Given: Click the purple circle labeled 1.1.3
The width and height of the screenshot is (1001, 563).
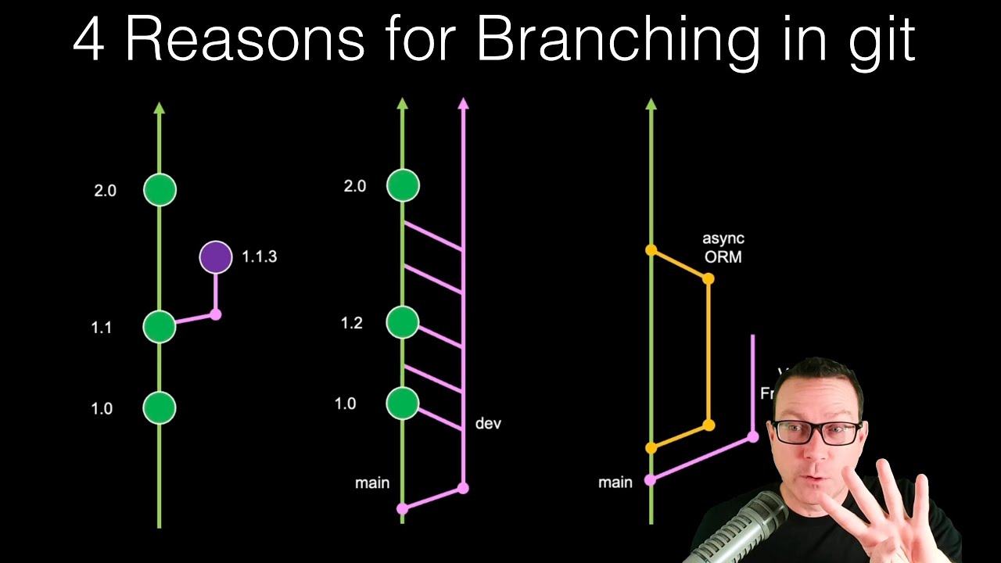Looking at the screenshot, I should pos(216,257).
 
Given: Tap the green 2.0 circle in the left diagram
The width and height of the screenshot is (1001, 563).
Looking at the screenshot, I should pos(160,190).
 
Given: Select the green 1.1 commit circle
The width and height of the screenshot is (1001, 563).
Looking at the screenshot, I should pos(160,327).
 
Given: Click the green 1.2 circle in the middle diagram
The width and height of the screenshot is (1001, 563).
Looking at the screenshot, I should pos(403,322).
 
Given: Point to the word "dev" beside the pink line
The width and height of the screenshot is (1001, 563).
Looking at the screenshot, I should pos(488,424).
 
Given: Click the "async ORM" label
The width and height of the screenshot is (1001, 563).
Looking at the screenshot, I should pos(723,247).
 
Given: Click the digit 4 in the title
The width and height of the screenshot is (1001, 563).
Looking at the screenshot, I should pos(88,41).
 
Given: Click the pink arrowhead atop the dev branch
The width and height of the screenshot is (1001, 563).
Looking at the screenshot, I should pos(463,103).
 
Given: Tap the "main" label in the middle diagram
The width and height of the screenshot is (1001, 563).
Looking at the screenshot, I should pos(372,483).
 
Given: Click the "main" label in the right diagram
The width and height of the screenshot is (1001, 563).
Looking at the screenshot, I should pos(615,482).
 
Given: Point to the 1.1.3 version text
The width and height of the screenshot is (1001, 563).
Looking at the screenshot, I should pos(259,256).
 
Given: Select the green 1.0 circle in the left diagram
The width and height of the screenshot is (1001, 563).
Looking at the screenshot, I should pos(160,407).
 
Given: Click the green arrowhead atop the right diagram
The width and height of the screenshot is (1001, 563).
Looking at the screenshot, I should pos(651,103).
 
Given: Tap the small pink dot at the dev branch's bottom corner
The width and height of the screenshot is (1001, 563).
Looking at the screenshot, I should pos(463,488).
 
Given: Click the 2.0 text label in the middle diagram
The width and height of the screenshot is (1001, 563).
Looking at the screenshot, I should pos(355,186).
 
